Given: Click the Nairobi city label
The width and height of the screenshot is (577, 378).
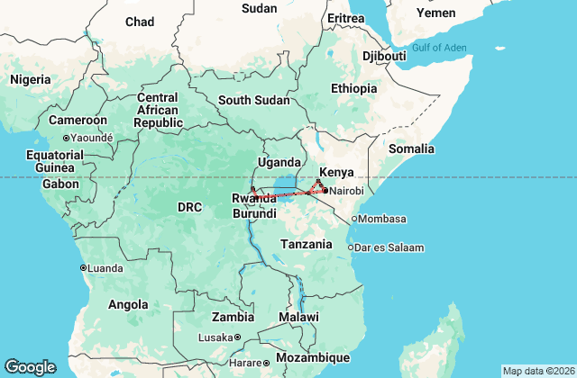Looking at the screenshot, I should (347, 191).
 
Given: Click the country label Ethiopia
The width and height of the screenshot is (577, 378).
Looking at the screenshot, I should (353, 88).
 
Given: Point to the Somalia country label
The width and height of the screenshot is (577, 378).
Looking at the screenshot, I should (412, 148).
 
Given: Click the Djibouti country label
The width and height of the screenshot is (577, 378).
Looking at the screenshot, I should (383, 56).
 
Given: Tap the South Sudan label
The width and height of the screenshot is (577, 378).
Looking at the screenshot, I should (246, 99).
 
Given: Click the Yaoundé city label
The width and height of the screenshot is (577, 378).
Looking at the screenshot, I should (93, 138).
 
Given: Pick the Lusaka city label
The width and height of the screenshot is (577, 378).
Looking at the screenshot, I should (216, 337).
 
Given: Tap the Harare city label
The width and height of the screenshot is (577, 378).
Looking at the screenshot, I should (245, 363).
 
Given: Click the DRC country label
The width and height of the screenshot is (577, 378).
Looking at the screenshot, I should (189, 207).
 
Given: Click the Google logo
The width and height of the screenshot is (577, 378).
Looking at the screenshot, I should (30, 366).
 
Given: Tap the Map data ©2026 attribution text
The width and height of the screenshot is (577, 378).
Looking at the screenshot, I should (537, 371).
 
